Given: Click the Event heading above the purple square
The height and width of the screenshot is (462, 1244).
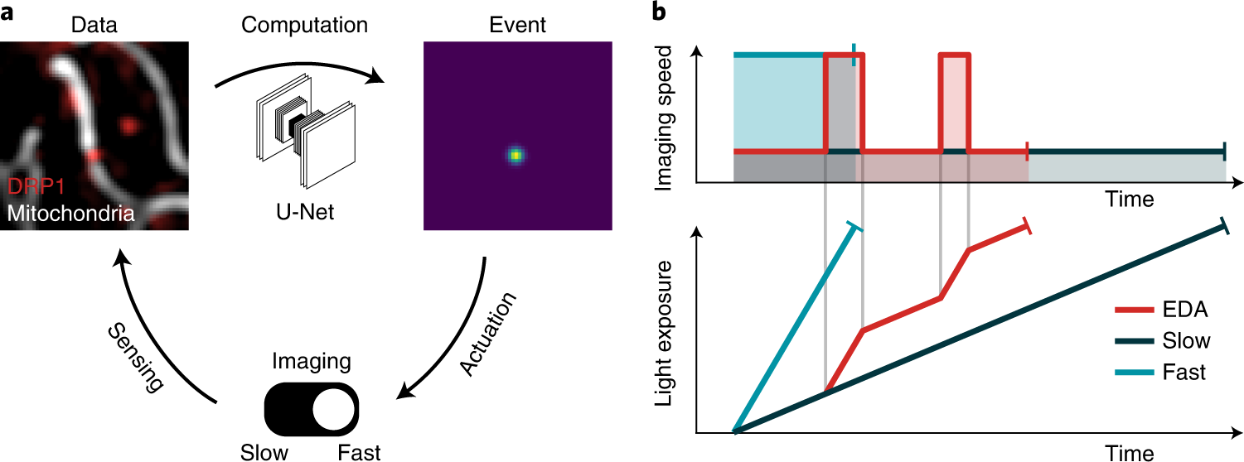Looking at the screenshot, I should [x=516, y=26].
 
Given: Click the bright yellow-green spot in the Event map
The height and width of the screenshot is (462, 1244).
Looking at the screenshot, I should [x=516, y=154].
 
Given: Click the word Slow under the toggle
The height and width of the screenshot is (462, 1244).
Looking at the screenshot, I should [x=265, y=451].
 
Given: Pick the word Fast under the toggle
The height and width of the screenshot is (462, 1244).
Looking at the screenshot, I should [x=359, y=451].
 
